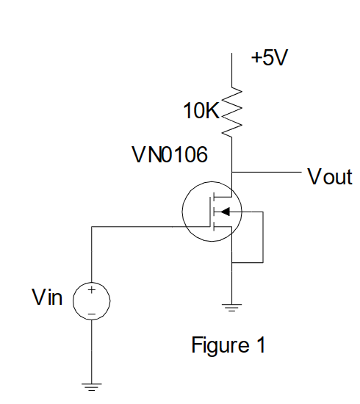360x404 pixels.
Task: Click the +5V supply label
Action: pos(270,57)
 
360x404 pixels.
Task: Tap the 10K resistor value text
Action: pos(201,110)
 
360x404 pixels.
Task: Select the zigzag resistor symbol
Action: pos(231,112)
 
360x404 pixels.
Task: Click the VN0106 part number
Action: pos(170,154)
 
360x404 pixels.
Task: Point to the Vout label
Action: pos(330,176)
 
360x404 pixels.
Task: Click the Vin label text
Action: pos(47,297)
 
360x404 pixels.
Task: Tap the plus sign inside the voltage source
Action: pos(92,290)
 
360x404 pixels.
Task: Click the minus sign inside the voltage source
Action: pos(92,314)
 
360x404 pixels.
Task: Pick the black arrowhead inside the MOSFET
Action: pos(226,212)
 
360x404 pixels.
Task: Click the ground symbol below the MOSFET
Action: pos(231,308)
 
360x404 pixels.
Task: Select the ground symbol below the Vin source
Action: pos(92,387)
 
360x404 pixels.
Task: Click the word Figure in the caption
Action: pos(220,345)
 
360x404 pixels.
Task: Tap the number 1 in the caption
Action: pos(261,345)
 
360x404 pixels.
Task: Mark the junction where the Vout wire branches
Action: pos(231,172)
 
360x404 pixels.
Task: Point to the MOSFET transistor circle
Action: pos(182,212)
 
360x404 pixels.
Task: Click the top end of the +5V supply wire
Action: pos(231,54)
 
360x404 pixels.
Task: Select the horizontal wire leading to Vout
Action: pos(267,172)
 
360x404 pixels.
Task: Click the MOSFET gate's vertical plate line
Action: pos(210,212)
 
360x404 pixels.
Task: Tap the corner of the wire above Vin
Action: pos(92,227)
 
